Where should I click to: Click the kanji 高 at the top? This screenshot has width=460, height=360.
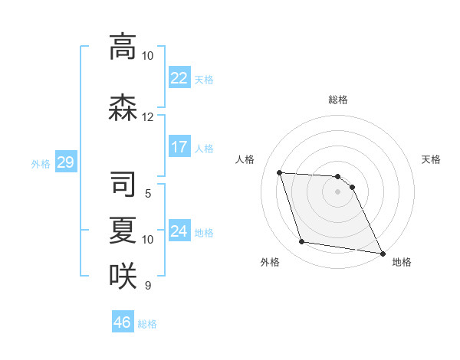[123, 47]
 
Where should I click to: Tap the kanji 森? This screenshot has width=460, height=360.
[123, 108]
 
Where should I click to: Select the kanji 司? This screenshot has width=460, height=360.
[123, 185]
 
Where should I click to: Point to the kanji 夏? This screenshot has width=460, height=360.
[123, 231]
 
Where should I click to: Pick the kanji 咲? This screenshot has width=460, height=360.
[123, 277]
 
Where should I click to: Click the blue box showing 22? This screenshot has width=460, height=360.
[179, 78]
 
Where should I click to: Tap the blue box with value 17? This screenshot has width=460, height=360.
[179, 147]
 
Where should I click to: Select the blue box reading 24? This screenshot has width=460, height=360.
[179, 231]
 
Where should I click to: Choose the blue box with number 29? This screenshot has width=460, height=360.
[65, 162]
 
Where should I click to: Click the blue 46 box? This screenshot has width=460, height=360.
[123, 322]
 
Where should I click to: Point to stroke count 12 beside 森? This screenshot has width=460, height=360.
[147, 117]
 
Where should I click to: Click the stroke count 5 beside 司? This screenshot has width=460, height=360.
[147, 194]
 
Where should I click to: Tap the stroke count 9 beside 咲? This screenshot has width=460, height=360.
[147, 286]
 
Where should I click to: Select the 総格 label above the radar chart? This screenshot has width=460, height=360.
[337, 100]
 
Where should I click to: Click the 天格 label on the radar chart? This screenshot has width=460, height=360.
[431, 159]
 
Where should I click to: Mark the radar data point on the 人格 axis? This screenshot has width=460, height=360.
[280, 172]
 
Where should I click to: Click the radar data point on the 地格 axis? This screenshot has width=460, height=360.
[383, 252]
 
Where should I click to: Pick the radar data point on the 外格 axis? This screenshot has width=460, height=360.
[302, 242]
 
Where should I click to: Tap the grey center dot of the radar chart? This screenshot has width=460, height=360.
[337, 191]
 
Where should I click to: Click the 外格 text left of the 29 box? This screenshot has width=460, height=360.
[41, 163]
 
